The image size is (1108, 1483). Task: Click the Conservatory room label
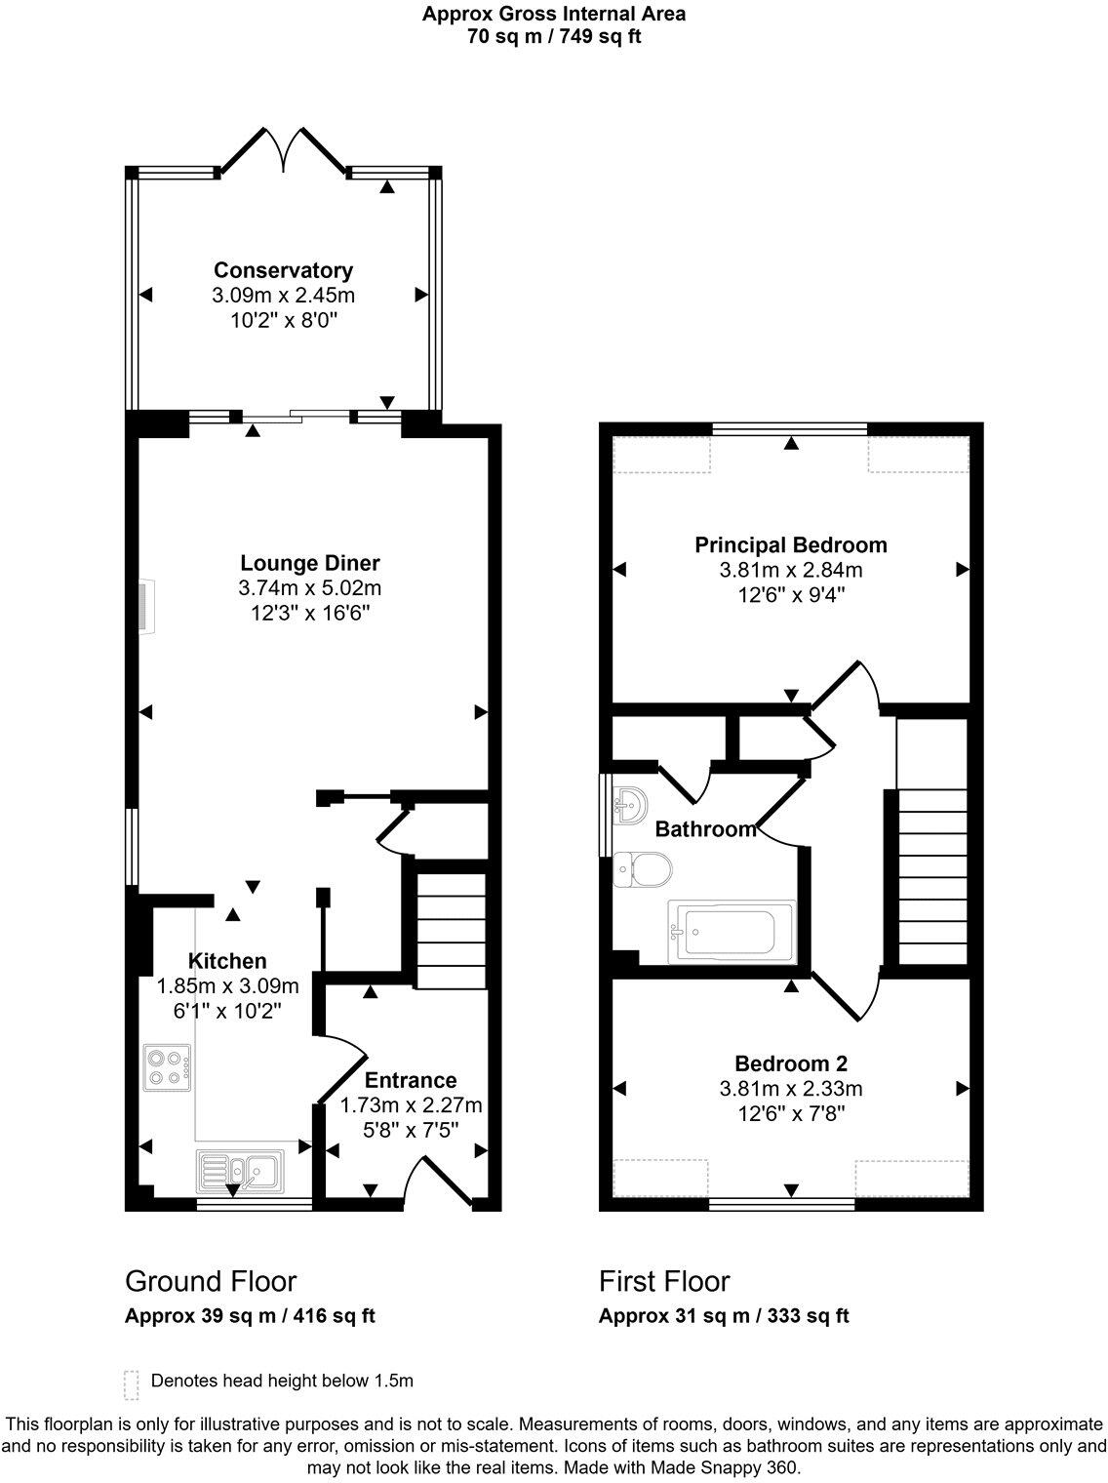[283, 270]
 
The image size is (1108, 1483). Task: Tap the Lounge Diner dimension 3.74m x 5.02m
[309, 588]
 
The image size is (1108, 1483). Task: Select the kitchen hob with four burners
[167, 1067]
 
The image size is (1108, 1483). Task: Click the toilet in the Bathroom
[642, 866]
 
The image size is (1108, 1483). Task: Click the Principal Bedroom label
[790, 544]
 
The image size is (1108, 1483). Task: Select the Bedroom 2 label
[790, 1062]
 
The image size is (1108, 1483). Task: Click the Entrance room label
[411, 1080]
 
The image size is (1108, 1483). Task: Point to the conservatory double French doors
[284, 151]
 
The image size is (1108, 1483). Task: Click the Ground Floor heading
[211, 1280]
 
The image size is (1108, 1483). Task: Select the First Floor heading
[664, 1280]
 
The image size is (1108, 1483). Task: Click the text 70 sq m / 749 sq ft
[553, 37]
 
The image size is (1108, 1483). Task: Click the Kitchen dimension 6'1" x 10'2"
[227, 1012]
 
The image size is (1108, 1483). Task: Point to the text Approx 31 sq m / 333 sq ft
[724, 1315]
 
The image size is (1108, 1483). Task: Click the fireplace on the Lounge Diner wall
[143, 608]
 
